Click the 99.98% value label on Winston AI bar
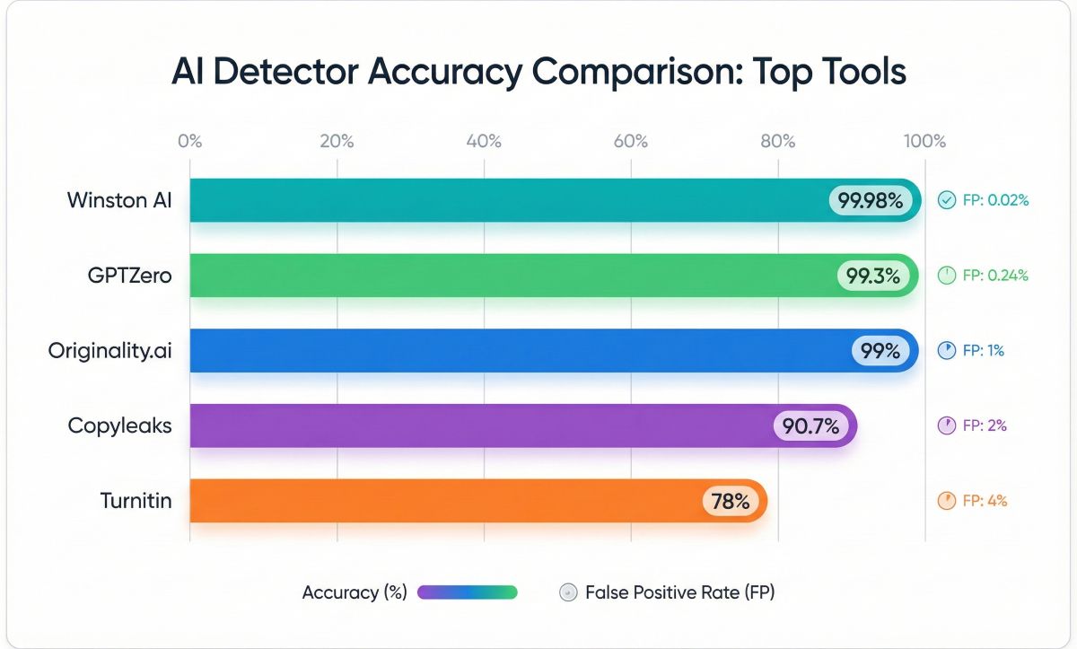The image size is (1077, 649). (x=870, y=200)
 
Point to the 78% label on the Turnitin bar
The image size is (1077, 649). (x=730, y=501)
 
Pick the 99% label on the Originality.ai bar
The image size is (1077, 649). (x=880, y=351)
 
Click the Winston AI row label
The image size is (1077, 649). (x=118, y=200)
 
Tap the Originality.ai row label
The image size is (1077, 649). (x=109, y=351)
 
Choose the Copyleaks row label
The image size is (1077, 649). (x=119, y=425)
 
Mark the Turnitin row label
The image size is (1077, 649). (x=136, y=501)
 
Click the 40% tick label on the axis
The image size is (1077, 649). (x=484, y=141)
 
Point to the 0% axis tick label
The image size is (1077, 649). (x=190, y=141)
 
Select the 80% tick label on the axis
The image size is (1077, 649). (x=777, y=141)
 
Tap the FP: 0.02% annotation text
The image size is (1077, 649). (x=995, y=200)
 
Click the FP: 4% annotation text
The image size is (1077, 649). (x=985, y=501)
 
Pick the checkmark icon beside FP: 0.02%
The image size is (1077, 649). (x=946, y=200)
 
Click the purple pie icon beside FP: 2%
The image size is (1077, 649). (x=946, y=426)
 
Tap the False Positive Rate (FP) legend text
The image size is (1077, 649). (x=679, y=592)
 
